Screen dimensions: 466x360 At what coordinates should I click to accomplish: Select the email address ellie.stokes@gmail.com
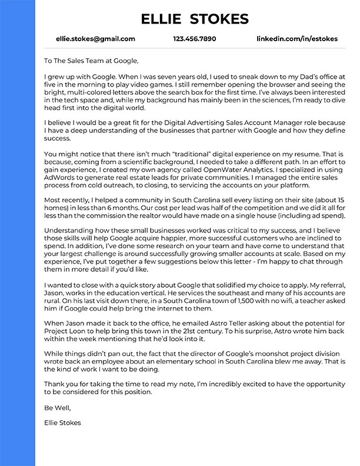[x=95, y=39]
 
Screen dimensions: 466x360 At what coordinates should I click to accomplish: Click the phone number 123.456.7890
[x=195, y=39]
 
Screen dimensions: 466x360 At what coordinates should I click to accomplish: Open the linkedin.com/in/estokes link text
[x=297, y=39]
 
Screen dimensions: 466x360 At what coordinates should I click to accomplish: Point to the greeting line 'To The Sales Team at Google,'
[x=91, y=60]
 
